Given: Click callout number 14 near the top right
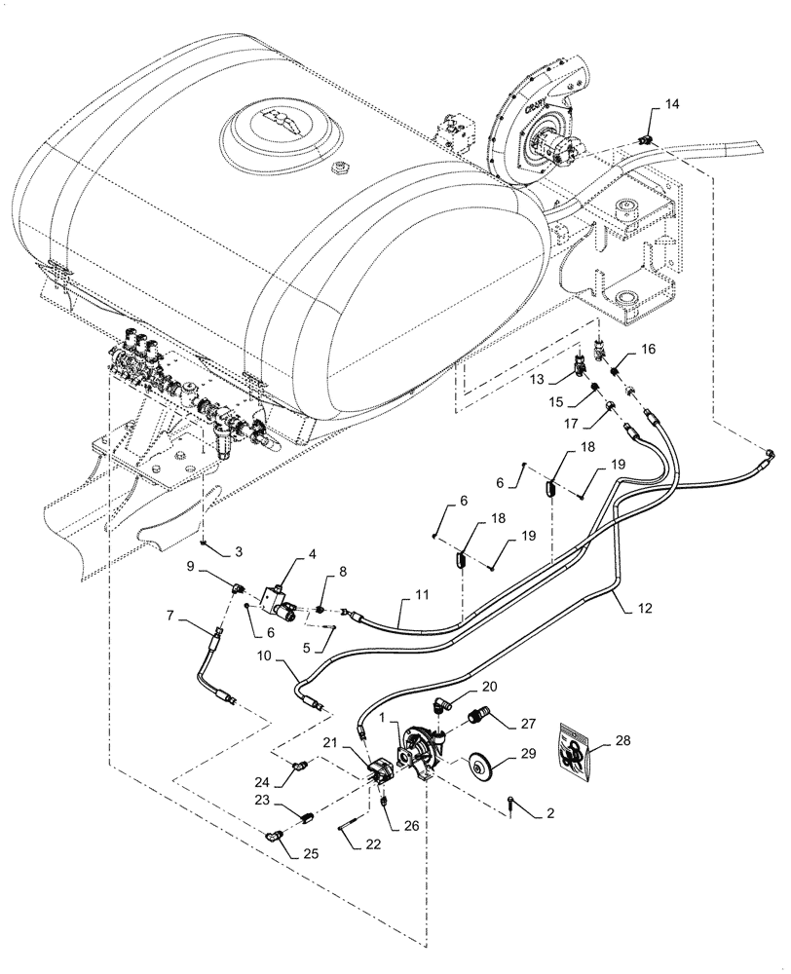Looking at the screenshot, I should pos(671,103).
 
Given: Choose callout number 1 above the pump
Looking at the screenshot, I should pos(398,716).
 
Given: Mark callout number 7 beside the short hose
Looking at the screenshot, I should pos(179,617).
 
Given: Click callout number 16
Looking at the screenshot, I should pos(647,349).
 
